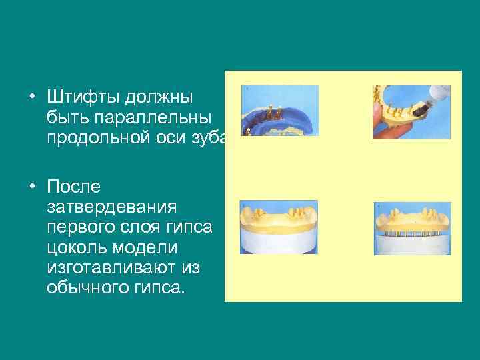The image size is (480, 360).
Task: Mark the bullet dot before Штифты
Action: [x=31, y=97]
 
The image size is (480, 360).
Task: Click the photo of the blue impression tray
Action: [x=279, y=111]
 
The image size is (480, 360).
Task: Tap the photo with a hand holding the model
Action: [x=411, y=111]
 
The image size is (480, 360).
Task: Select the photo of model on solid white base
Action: [x=279, y=227]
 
